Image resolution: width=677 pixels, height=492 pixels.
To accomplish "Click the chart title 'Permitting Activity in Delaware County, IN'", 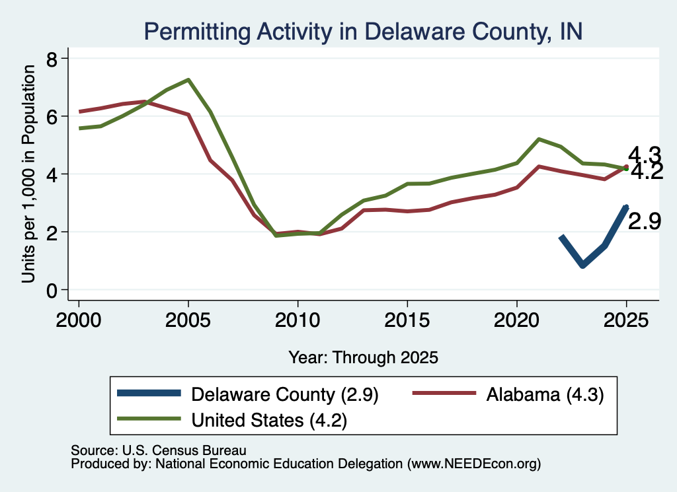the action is [363, 32].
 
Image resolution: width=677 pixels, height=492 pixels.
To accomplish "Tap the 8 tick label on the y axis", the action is [52, 59].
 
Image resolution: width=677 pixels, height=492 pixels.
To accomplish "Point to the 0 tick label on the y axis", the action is [52, 291].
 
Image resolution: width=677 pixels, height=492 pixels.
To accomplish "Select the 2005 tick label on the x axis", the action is [188, 320].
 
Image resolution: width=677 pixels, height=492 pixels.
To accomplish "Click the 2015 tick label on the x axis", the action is [407, 320].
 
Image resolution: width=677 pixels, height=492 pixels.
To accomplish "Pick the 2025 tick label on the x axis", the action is [626, 320].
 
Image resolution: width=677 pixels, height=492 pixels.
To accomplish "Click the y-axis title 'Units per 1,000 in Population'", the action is [28, 174].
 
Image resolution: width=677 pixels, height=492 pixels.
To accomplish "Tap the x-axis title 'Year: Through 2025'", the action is [363, 357].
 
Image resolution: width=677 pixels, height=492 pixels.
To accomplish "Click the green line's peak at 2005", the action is [188, 80].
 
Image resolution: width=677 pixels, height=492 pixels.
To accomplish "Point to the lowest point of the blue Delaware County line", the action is [583, 265].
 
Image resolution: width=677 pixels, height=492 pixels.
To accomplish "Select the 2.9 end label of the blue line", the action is [645, 222].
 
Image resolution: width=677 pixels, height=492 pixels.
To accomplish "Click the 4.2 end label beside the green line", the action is [647, 172].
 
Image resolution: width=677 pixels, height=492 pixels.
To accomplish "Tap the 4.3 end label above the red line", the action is [645, 154].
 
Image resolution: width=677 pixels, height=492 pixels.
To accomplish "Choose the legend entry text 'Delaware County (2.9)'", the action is [285, 394].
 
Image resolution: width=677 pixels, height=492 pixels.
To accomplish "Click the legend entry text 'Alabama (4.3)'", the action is [545, 394].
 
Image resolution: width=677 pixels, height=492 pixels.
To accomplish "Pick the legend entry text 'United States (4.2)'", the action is [270, 421].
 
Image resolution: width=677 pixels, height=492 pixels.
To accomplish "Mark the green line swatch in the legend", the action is [149, 419].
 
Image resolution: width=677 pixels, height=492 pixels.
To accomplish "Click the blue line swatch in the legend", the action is [149, 393].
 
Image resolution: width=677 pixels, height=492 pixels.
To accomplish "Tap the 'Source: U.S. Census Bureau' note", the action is [159, 450].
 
